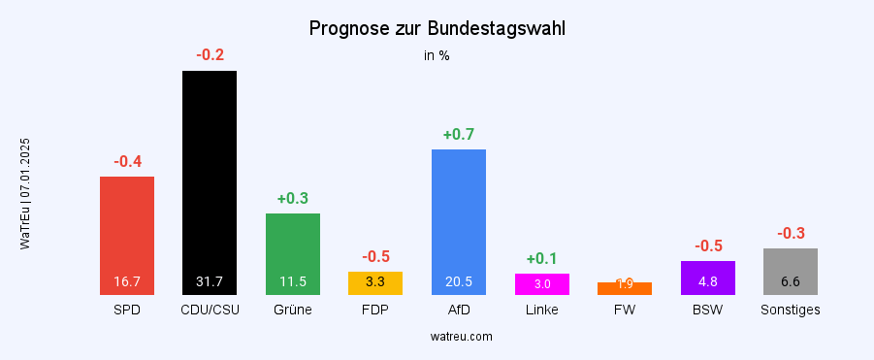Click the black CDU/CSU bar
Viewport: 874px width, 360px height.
(210, 182)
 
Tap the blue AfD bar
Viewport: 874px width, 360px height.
(459, 221)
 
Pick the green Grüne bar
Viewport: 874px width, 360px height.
(293, 253)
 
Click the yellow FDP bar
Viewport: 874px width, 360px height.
(375, 282)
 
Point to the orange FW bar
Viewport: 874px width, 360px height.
(625, 288)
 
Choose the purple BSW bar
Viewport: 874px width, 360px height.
(708, 278)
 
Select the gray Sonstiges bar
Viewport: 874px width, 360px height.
(791, 271)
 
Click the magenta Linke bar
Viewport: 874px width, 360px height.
(542, 283)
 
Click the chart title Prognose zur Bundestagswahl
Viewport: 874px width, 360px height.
(437, 28)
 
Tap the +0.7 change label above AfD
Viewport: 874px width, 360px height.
(459, 135)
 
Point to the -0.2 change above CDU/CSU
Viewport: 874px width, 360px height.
(210, 55)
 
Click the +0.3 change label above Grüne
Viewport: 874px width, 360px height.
(293, 199)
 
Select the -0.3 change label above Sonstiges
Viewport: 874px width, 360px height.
(791, 234)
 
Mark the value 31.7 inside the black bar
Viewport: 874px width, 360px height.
(210, 282)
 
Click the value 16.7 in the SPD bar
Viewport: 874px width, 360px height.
(127, 282)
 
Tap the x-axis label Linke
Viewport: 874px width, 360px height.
(542, 311)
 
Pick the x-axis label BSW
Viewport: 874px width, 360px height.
(708, 311)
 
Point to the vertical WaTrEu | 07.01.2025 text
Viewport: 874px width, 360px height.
(25, 194)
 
